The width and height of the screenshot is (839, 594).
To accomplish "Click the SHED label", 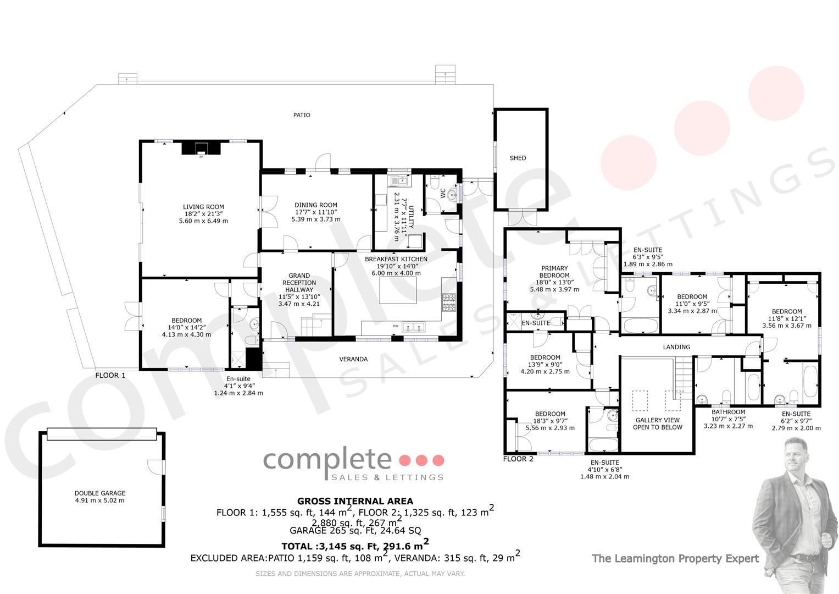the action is (x=518, y=158).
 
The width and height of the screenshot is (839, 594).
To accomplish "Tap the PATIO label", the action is (x=302, y=115).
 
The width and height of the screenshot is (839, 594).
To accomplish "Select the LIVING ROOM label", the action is (x=203, y=207).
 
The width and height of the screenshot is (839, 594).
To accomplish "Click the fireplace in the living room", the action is (x=201, y=148).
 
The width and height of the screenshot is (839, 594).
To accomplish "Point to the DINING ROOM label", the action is (x=316, y=205).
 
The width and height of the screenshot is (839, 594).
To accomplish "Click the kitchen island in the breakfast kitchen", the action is (x=398, y=291).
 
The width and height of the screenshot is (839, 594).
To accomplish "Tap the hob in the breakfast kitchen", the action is (x=449, y=302).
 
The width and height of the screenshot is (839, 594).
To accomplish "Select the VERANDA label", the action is (x=353, y=359).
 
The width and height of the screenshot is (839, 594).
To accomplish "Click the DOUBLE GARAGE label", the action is (x=100, y=493).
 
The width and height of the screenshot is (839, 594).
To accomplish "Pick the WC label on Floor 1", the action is (x=443, y=194).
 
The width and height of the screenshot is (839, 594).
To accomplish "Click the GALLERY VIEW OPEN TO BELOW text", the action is (x=657, y=424).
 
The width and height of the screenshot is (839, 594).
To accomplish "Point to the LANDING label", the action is (x=676, y=347).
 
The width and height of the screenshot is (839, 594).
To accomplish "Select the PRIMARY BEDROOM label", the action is (x=554, y=272).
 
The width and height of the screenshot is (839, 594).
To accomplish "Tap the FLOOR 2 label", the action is (x=518, y=459).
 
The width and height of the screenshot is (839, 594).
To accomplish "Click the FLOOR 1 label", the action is (x=110, y=375).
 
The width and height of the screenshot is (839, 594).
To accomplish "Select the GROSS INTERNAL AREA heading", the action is (x=355, y=502).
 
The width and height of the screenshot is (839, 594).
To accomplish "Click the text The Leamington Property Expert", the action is (x=675, y=559).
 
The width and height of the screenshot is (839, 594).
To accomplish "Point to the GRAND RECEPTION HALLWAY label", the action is (x=299, y=283).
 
